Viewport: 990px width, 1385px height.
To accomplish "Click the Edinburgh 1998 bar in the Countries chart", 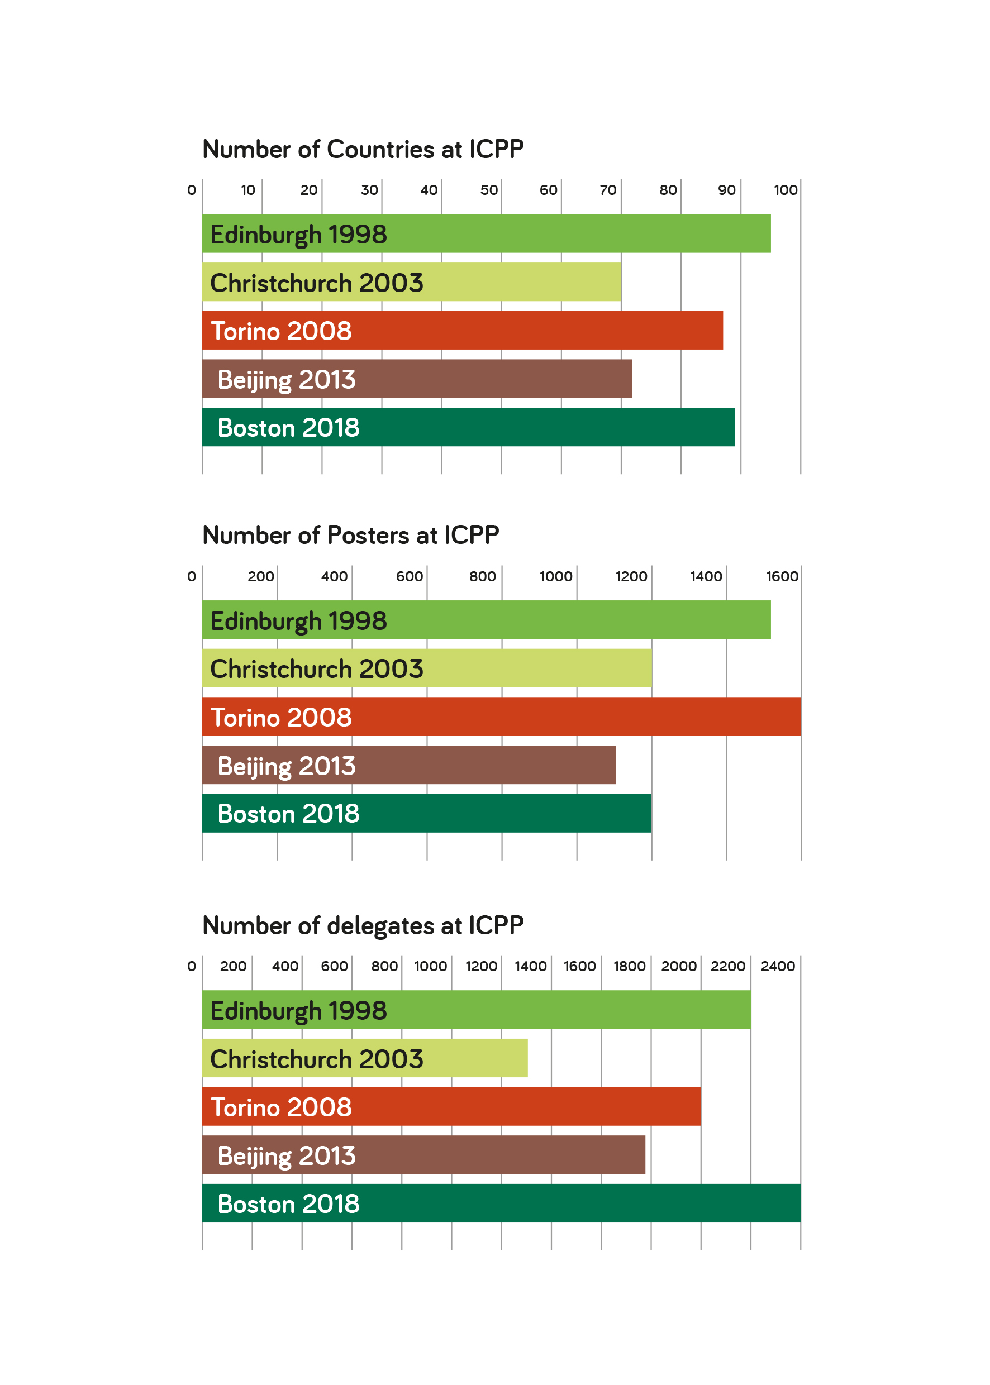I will [x=486, y=233].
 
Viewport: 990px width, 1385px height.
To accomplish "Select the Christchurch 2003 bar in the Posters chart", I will [x=427, y=668].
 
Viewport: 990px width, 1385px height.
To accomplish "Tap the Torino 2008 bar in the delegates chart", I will [x=451, y=1106].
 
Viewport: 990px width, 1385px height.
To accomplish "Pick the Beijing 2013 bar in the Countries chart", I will [x=417, y=379].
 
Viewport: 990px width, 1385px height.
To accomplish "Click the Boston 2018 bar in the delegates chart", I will [x=501, y=1203].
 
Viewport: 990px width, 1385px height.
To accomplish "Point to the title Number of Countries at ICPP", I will [x=363, y=149].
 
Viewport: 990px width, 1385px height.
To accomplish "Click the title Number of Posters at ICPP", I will [x=350, y=535].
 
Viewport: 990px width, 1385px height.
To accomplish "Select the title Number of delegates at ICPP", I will [x=363, y=925].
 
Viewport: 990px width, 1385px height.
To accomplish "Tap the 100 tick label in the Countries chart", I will [x=785, y=190].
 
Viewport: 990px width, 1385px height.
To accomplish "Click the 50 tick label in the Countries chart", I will [x=489, y=190].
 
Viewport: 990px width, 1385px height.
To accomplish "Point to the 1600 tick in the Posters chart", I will [x=782, y=576].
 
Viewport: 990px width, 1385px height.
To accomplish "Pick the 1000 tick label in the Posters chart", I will [x=556, y=576].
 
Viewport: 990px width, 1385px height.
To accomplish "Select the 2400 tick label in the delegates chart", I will [x=778, y=966].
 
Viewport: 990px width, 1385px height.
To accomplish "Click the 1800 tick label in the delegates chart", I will [x=629, y=966].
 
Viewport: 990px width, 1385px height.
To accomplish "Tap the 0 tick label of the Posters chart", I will [x=192, y=576].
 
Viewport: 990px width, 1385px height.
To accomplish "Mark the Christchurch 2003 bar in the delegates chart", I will [x=364, y=1058].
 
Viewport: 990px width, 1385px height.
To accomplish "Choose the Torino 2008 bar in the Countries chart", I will [x=462, y=330].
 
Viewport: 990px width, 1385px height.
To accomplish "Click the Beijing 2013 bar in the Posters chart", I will [x=408, y=765].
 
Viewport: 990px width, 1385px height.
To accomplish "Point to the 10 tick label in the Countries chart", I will [x=248, y=190].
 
